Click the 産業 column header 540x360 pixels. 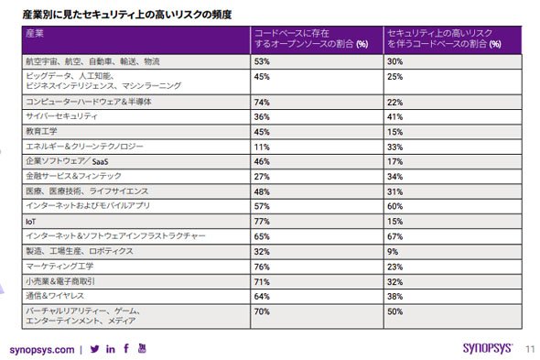point(35,34)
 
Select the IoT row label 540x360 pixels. point(30,222)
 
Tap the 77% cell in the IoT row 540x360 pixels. point(262,222)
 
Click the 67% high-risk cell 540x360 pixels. point(394,236)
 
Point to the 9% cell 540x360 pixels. point(393,252)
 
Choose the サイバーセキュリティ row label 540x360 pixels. point(61,116)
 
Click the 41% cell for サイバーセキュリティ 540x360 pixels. point(394,117)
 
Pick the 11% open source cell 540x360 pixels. point(262,147)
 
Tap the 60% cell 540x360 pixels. point(394,206)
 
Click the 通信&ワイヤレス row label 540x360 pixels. point(55,296)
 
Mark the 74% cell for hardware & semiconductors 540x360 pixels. point(262,103)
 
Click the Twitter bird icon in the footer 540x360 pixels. point(94,349)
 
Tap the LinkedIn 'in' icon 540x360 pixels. point(111,349)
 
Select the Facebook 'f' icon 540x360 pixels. point(126,348)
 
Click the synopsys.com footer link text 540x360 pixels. point(42,350)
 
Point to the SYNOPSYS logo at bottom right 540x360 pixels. point(488,348)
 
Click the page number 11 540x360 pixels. point(530,349)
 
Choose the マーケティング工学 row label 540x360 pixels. point(59,266)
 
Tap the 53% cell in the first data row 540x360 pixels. point(262,61)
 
